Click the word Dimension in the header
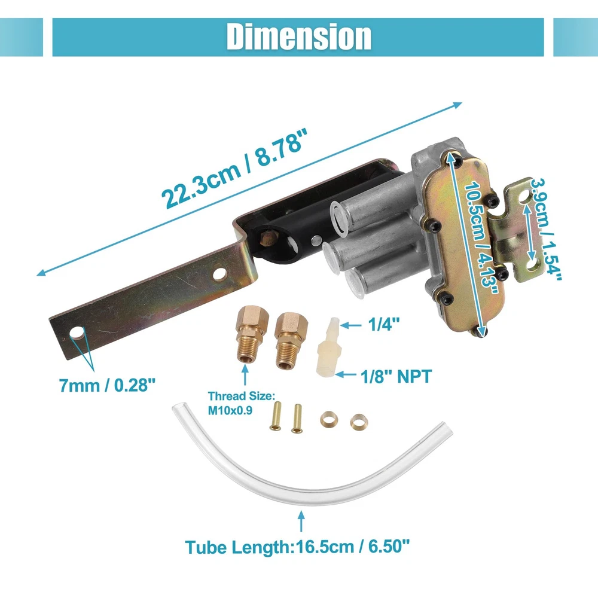298,36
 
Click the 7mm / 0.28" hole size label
107,385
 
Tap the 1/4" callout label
384,325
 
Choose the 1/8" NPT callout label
396,376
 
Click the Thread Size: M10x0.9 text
242,403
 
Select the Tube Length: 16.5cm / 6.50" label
297,547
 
